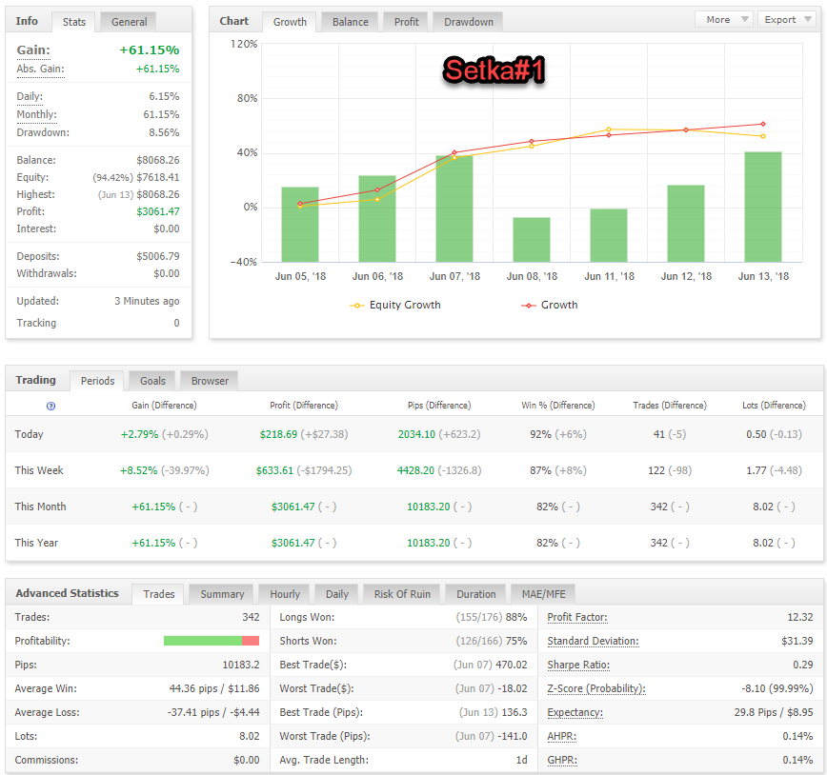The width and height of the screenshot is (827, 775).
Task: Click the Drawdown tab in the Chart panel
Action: click(x=469, y=22)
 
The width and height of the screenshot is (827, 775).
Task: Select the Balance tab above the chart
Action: click(x=351, y=22)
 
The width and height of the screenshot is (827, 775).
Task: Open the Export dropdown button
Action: click(x=787, y=19)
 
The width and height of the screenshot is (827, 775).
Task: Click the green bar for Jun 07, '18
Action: click(x=454, y=209)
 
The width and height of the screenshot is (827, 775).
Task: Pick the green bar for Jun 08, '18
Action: click(x=531, y=239)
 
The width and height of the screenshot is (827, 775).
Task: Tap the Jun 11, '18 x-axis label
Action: click(x=609, y=276)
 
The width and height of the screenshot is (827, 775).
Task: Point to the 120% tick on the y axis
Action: click(x=244, y=44)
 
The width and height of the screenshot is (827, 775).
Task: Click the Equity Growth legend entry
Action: click(x=395, y=305)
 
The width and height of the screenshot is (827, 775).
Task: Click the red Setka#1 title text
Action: click(x=494, y=70)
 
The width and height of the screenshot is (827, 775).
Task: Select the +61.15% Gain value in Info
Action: click(x=150, y=50)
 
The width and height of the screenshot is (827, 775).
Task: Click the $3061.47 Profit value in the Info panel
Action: click(x=158, y=211)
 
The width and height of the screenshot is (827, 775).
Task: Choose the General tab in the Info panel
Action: click(x=129, y=22)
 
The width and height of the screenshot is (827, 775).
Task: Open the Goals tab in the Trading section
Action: click(x=152, y=381)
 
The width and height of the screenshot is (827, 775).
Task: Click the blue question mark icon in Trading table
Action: click(x=51, y=406)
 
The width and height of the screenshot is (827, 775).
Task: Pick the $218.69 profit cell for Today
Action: click(x=278, y=434)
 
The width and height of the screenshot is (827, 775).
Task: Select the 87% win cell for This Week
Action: click(x=540, y=470)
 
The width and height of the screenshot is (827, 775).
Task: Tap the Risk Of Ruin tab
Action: click(x=402, y=594)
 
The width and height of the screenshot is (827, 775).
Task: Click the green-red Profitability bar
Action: click(x=212, y=641)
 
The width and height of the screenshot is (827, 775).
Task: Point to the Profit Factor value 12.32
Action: click(x=799, y=617)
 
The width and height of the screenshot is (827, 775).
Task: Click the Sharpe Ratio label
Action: click(x=578, y=665)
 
